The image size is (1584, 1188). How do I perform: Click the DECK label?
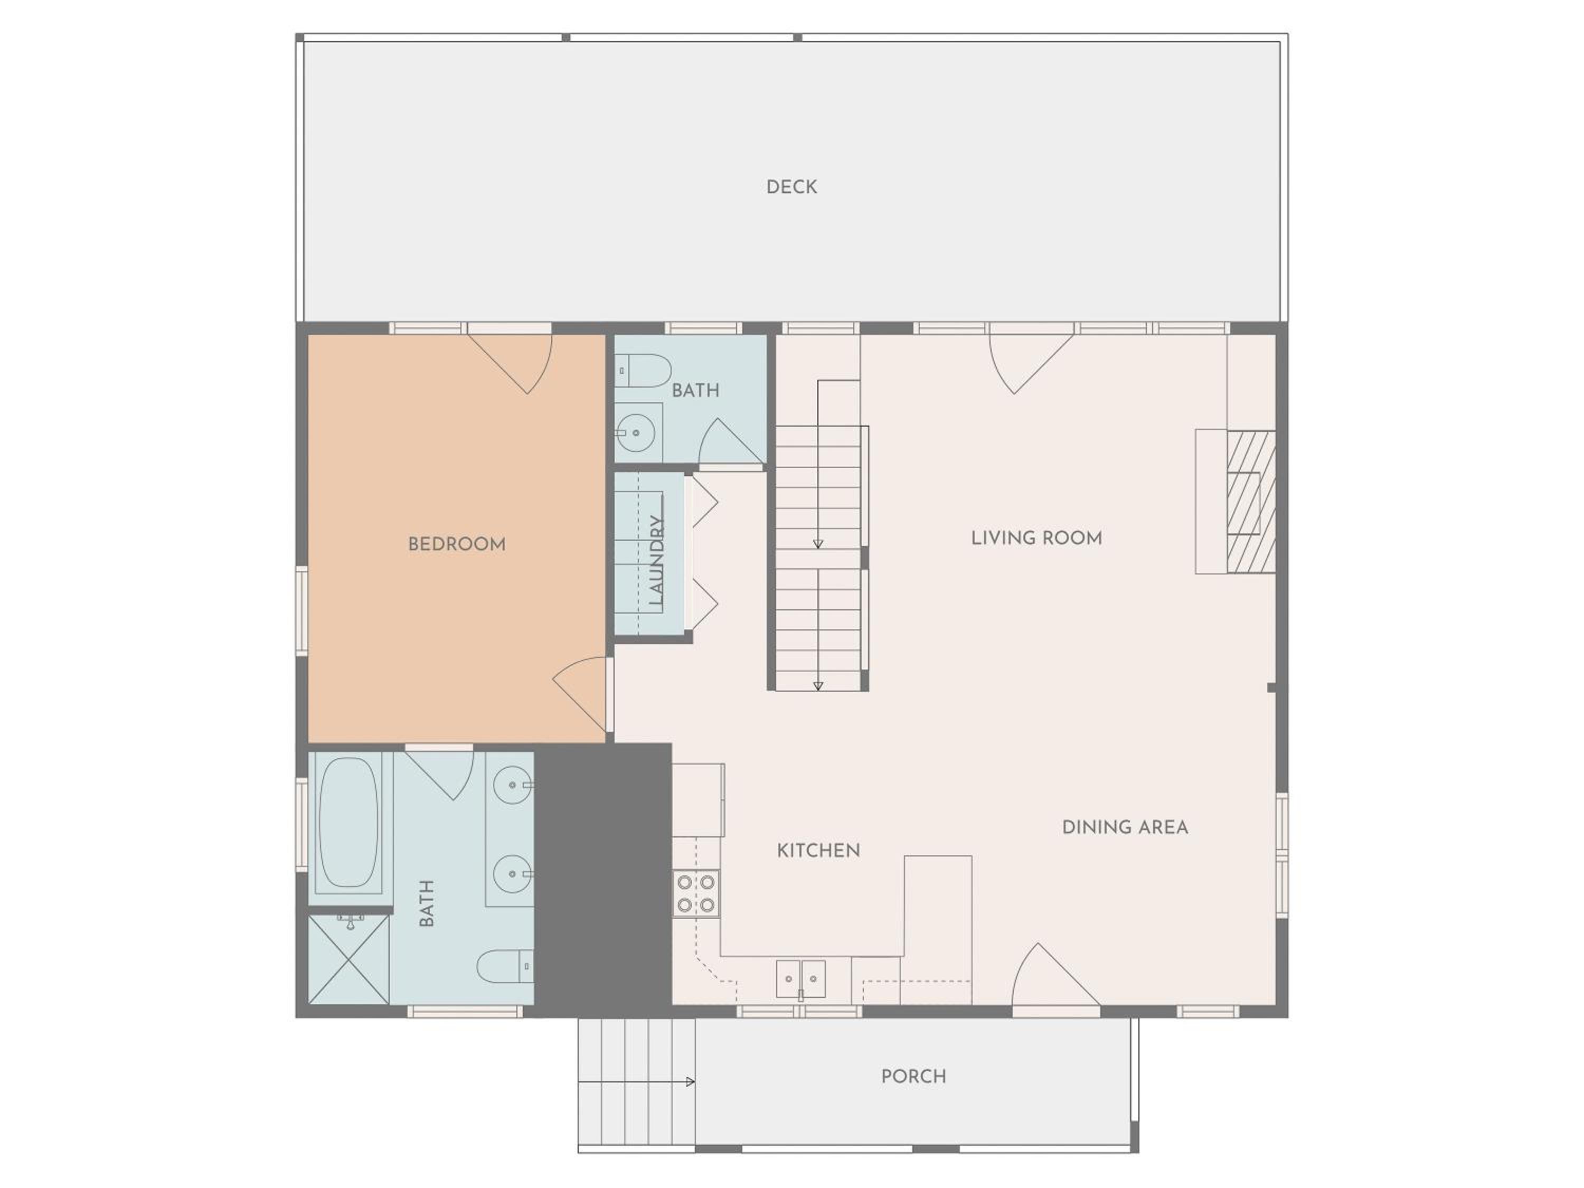[x=791, y=187]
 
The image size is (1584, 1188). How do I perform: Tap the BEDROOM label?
[x=457, y=544]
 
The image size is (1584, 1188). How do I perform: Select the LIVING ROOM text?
[x=1036, y=538]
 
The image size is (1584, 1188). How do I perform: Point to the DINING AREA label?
[x=1125, y=827]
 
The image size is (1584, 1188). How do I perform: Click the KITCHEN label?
[x=818, y=850]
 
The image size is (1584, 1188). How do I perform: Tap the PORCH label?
[x=914, y=1076]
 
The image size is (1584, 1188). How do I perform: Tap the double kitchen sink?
[x=800, y=979]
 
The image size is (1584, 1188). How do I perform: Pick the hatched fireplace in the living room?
[x=1251, y=501]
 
